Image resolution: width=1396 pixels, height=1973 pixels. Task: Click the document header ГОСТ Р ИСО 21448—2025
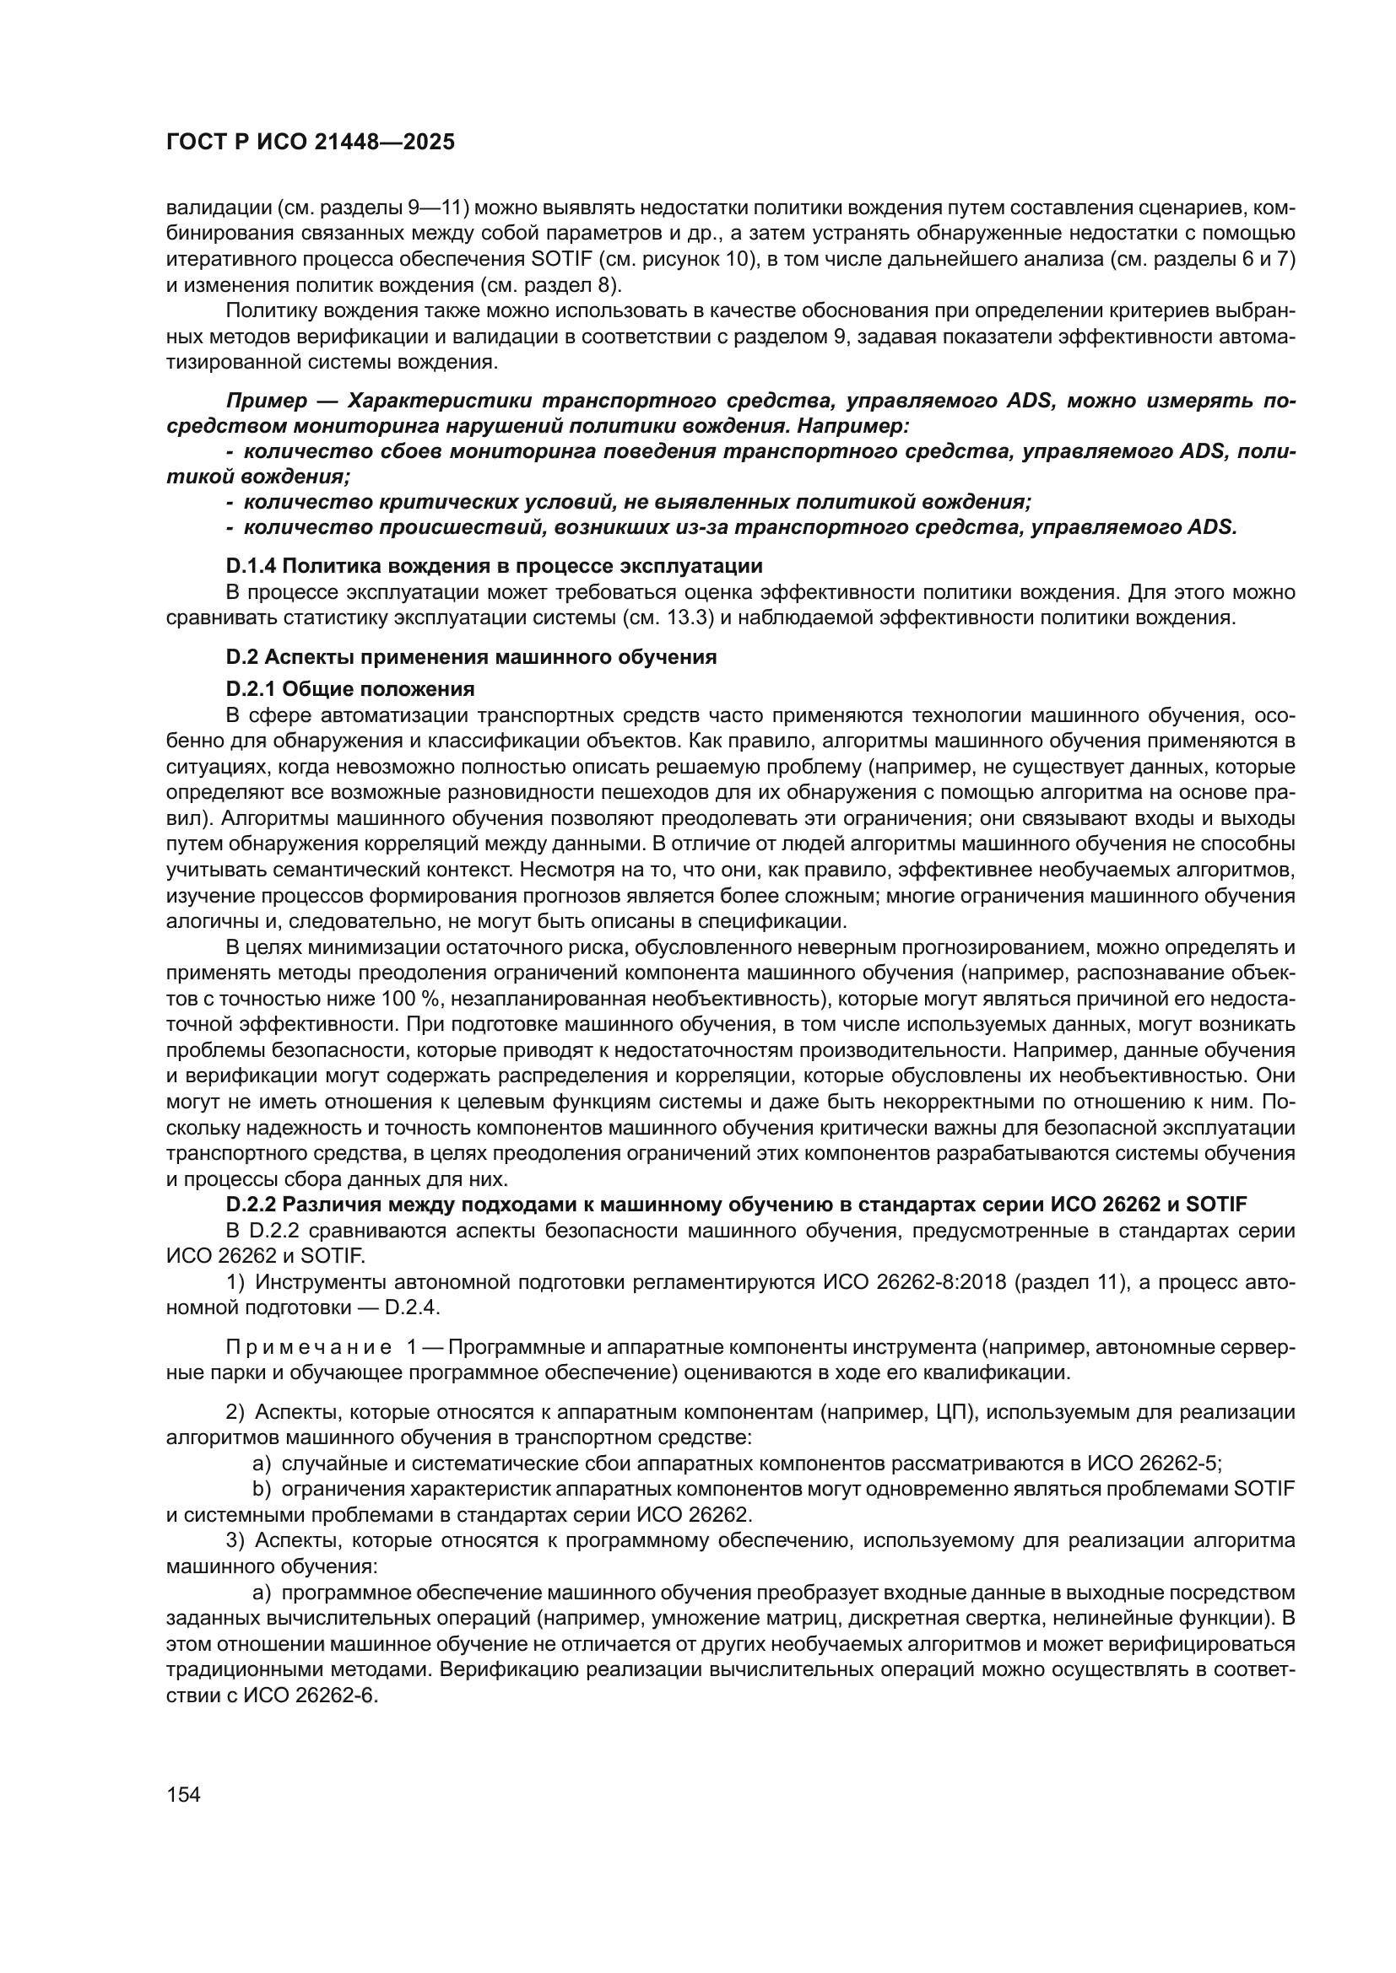coord(310,143)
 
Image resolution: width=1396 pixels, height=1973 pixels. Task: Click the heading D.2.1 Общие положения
coord(350,688)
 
